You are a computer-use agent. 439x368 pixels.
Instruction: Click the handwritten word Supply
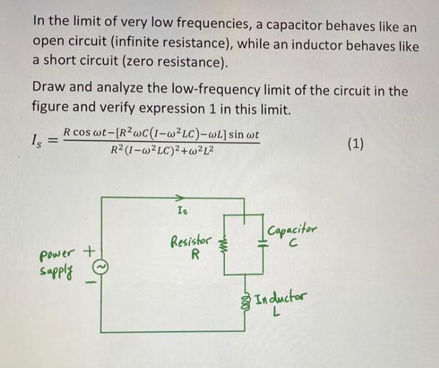pyautogui.click(x=56, y=269)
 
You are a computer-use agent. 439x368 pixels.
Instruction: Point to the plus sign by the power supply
pyautogui.click(x=89, y=251)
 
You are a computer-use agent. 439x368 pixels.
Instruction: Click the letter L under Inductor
pyautogui.click(x=277, y=312)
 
